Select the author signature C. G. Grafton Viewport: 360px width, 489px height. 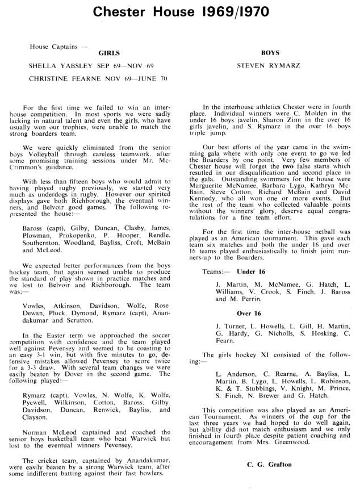(x=270, y=465)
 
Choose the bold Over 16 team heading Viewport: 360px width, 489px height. (x=249, y=312)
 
